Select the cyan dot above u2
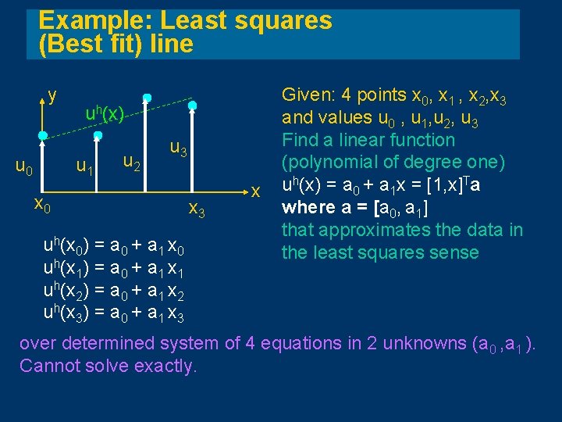146,98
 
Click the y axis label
52,96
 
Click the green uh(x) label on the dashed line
105,115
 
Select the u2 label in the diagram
132,163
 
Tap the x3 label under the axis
197,209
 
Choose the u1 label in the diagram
84,166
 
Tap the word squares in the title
287,20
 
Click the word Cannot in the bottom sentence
47,365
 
